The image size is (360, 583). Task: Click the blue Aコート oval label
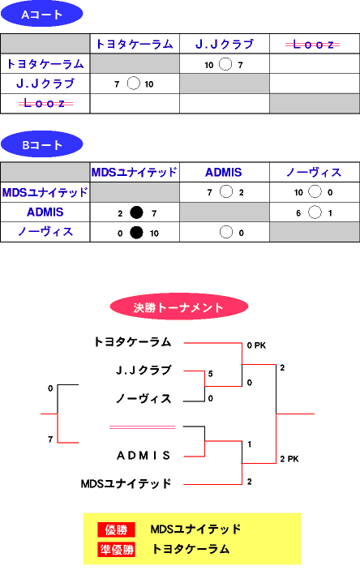click(x=41, y=14)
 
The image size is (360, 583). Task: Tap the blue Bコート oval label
click(x=41, y=144)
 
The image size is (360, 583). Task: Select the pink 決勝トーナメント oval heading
click(x=179, y=307)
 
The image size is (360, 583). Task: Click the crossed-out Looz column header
click(x=313, y=45)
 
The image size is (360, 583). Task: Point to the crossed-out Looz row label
click(x=45, y=103)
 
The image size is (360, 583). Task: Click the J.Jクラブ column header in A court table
click(x=225, y=45)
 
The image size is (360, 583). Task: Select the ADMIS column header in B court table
click(x=224, y=172)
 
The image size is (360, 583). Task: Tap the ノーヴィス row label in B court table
click(x=45, y=232)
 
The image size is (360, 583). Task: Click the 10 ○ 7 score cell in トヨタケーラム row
click(x=225, y=64)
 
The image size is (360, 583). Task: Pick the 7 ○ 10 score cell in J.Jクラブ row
click(x=135, y=84)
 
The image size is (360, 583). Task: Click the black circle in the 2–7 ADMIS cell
click(x=136, y=212)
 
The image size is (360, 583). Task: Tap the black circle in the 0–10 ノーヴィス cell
click(x=136, y=233)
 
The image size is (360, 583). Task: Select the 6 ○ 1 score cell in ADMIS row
click(x=315, y=212)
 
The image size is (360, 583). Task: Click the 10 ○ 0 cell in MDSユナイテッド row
click(x=315, y=192)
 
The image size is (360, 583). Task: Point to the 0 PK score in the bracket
click(x=256, y=345)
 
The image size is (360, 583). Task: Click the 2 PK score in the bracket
click(x=289, y=459)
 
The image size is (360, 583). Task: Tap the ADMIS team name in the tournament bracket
click(x=144, y=456)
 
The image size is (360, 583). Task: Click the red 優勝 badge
click(x=117, y=529)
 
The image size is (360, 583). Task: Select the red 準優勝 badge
click(x=117, y=549)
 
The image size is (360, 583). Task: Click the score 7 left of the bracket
click(x=50, y=439)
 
